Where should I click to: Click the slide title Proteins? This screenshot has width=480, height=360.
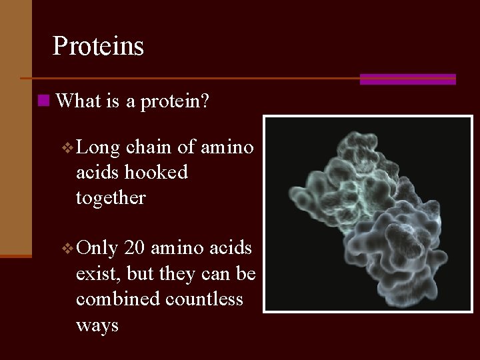pyautogui.click(x=98, y=46)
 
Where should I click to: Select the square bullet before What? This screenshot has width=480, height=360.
pyautogui.click(x=43, y=101)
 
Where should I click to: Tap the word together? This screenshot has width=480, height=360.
pyautogui.click(x=110, y=198)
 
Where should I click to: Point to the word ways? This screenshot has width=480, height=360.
pyautogui.click(x=97, y=326)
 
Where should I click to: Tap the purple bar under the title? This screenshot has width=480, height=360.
pyautogui.click(x=407, y=79)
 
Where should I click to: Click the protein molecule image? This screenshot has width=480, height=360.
pyautogui.click(x=367, y=214)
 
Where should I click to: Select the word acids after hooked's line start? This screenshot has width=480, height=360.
pyautogui.click(x=97, y=172)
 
